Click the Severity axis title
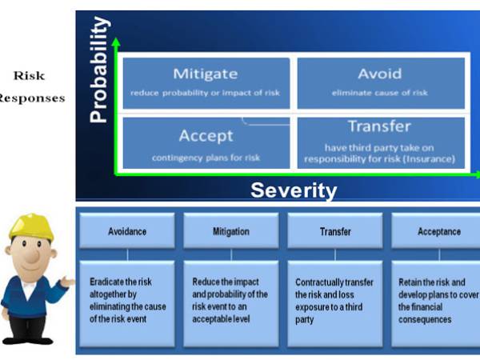pos(294,190)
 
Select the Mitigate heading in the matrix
pos(206,74)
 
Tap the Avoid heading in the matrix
pos(381,74)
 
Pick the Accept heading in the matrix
pos(206,136)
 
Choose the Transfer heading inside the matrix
pos(379,126)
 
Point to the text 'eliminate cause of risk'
pos(380,93)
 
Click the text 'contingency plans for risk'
pos(206,158)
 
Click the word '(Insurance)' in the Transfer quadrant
pos(429,158)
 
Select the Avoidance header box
pos(127,231)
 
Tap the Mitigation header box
pos(230,231)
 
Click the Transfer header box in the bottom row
pos(334,231)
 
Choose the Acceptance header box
pos(438,231)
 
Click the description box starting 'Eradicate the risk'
pos(127,303)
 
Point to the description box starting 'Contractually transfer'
pos(334,303)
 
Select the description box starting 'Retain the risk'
pos(438,303)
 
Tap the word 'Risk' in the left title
pos(28,77)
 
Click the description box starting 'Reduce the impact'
pos(230,303)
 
